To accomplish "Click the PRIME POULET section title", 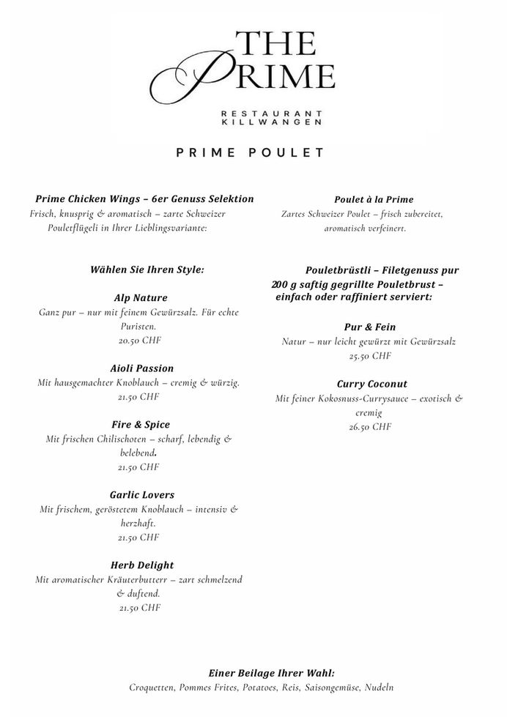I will (x=250, y=153).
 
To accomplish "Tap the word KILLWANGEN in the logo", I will (x=273, y=122).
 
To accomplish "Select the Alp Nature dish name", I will (x=141, y=298).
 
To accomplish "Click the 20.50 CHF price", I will (x=138, y=341).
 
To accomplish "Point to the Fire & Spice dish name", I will (x=141, y=425).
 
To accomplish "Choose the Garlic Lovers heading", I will (x=141, y=495).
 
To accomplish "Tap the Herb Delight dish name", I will (x=141, y=565).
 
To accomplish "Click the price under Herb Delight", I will (x=138, y=607).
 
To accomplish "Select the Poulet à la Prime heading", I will (x=374, y=199).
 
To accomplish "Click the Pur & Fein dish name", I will (x=370, y=327).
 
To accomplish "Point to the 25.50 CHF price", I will (x=370, y=356).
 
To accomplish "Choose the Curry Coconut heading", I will (x=371, y=384).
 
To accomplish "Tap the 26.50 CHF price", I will (x=370, y=427).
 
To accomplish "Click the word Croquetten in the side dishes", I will (x=152, y=688).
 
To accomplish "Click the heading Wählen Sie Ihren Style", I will (x=147, y=270).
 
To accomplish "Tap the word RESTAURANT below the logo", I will (x=273, y=113).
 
